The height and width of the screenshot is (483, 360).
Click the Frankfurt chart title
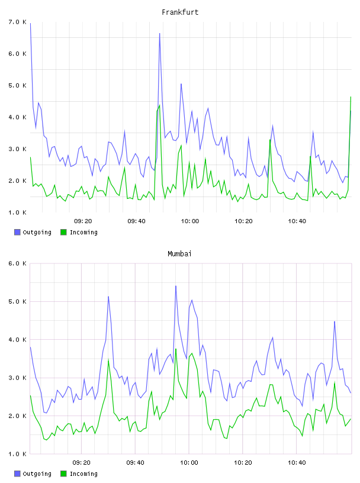180,12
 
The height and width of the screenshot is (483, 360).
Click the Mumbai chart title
179,254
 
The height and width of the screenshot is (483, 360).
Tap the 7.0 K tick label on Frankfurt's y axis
17,22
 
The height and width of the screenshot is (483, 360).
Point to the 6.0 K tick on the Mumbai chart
17,263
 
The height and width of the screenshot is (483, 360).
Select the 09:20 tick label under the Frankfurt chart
83,221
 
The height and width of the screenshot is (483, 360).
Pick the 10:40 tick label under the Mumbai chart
297,463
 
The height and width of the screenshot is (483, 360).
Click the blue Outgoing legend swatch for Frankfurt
17,232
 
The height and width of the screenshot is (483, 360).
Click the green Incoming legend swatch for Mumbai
63,474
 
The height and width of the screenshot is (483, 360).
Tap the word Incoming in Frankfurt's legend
83,233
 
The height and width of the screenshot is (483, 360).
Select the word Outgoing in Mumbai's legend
37,474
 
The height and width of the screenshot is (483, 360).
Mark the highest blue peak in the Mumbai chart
176,286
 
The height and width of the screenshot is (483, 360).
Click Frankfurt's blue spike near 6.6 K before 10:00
160,33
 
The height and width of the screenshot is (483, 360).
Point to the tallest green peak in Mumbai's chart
176,349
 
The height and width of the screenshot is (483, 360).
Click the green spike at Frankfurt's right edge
351,96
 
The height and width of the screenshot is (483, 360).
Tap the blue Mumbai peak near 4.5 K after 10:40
335,321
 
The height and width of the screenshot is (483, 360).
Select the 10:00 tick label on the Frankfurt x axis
190,221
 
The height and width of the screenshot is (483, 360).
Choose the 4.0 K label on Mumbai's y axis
17,340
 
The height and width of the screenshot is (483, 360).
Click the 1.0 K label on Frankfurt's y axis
17,212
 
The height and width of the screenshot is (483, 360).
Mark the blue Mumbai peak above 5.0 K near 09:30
108,297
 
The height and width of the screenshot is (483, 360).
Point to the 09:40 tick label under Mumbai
136,463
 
